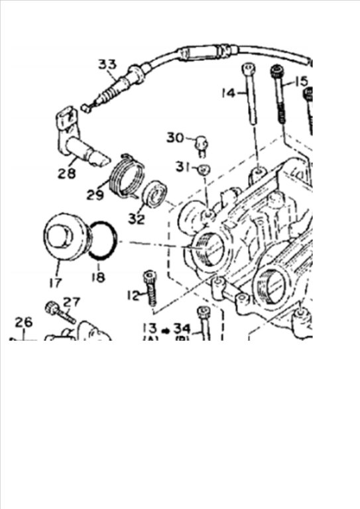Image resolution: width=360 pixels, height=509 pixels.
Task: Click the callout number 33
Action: [x=107, y=64]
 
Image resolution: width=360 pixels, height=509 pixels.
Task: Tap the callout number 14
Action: [x=228, y=93]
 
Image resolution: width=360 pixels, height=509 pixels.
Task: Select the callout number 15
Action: [x=302, y=82]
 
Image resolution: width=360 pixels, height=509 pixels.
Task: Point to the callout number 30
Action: [x=175, y=138]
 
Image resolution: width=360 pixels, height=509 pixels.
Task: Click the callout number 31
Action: [x=183, y=167]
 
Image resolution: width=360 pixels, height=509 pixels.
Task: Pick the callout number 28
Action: [x=67, y=174]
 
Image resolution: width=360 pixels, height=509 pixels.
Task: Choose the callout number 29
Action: [x=95, y=195]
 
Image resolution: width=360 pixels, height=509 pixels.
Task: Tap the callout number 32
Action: [x=137, y=219]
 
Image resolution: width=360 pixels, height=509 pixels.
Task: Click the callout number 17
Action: [x=56, y=283]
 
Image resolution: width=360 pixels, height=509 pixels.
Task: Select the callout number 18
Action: [x=98, y=277]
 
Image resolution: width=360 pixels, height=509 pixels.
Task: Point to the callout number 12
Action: [x=133, y=296]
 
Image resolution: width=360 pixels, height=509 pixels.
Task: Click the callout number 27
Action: [x=71, y=302]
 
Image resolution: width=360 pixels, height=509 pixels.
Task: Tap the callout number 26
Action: [x=24, y=322]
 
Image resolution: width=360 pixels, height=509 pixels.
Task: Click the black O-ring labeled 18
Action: [x=102, y=241]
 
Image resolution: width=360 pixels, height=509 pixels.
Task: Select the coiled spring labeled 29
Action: [x=127, y=175]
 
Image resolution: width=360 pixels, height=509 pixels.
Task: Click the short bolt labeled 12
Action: [x=150, y=288]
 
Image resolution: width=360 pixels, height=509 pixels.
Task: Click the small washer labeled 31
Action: [x=204, y=169]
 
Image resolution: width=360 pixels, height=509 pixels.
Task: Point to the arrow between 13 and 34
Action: [x=166, y=331]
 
